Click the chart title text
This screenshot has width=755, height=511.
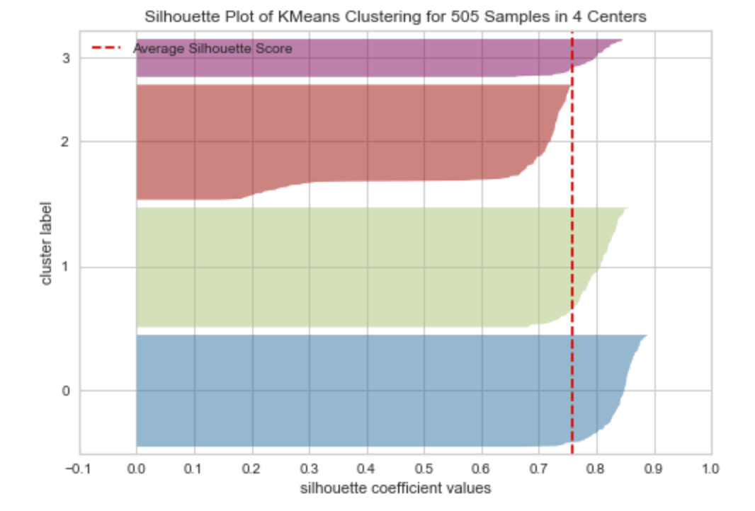pos(395,17)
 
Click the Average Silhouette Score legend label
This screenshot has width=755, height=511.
pos(212,49)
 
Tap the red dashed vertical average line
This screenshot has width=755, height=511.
pos(572,283)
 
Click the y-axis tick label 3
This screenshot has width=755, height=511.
pos(66,58)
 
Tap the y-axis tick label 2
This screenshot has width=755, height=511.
pos(66,142)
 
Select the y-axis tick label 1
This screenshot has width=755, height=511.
pos(66,268)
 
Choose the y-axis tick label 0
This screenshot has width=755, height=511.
pos(66,391)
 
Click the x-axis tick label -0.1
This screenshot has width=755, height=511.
pos(78,468)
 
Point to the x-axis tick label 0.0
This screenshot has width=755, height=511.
pos(137,468)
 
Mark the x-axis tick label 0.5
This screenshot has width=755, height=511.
pos(424,468)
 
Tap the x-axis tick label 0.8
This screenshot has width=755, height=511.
pos(596,468)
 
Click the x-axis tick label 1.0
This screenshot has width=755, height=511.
pos(711,468)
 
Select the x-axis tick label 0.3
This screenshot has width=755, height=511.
pos(309,468)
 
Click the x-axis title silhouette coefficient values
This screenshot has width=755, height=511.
pos(395,488)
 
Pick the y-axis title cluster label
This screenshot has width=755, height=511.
pos(47,243)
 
